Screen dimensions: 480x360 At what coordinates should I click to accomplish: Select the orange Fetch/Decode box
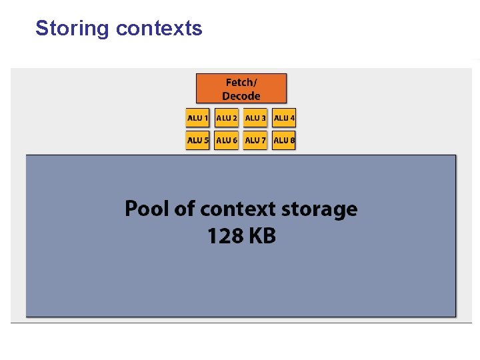pyautogui.click(x=241, y=89)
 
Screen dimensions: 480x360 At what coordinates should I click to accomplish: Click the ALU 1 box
pyautogui.click(x=197, y=119)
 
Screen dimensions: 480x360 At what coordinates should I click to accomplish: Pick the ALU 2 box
pyautogui.click(x=227, y=119)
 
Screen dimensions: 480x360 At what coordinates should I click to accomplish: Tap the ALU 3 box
pyautogui.click(x=255, y=119)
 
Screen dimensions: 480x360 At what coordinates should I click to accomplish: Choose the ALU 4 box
pyautogui.click(x=284, y=119)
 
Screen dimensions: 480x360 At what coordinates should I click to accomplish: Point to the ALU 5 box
pyautogui.click(x=197, y=141)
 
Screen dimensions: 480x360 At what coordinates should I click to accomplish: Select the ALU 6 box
pyautogui.click(x=227, y=141)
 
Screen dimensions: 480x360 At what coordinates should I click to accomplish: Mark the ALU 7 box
pyautogui.click(x=255, y=141)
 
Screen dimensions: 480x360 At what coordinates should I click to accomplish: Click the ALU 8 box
pyautogui.click(x=284, y=141)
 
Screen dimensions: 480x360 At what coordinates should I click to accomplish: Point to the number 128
pyautogui.click(x=225, y=236)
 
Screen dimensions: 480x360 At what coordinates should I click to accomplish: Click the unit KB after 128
pyautogui.click(x=261, y=236)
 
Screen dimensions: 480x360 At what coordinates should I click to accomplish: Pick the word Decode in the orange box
pyautogui.click(x=241, y=97)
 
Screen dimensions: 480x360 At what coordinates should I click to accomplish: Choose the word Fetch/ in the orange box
pyautogui.click(x=241, y=83)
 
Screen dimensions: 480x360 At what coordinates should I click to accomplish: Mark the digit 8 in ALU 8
pyautogui.click(x=292, y=141)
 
